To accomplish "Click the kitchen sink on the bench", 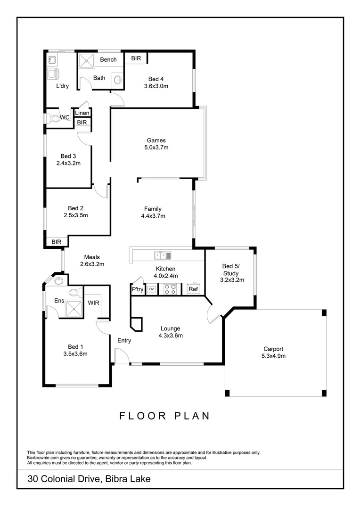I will pos(162,255).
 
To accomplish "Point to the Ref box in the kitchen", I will pos(193,289).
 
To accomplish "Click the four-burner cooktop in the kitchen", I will pos(170,289).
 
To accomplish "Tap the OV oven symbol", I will pos(152,289).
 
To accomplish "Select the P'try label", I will pos(138,289).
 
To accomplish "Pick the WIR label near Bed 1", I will pos(93,303).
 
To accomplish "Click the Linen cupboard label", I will pos(82,113).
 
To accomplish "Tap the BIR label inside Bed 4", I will pos(136,58).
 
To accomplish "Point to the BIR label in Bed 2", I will pos(57,242).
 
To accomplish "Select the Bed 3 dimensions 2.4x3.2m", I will pos(68,164).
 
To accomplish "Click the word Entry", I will pos(124,340).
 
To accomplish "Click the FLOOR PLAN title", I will pos(164,416).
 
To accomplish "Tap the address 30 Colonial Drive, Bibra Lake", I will pos(89,479).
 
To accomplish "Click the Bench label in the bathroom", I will pos(108,60).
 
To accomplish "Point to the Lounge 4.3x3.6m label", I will pos(171,332).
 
